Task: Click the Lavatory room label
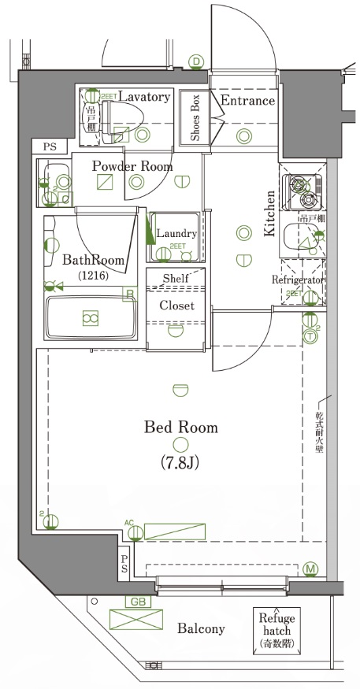(x=144, y=97)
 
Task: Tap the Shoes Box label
(x=194, y=118)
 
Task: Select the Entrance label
(x=247, y=101)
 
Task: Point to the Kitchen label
(x=269, y=214)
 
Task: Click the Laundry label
(x=176, y=233)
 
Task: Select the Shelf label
(x=175, y=279)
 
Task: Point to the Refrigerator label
(x=299, y=280)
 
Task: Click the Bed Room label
(x=180, y=428)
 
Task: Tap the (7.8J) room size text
(x=180, y=462)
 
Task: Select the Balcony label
(x=201, y=628)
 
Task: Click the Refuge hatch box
(x=276, y=629)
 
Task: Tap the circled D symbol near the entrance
(x=196, y=61)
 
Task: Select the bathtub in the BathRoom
(x=90, y=317)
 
